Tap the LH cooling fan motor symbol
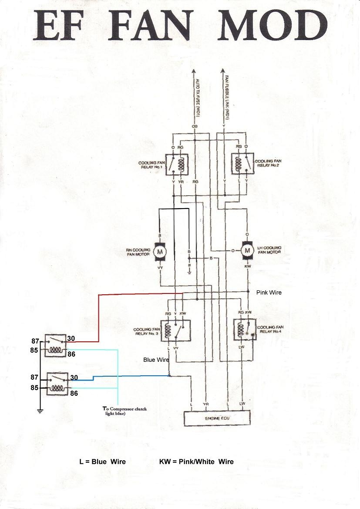[248, 250]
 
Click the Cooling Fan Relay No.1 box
[176, 165]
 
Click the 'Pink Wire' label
[269, 293]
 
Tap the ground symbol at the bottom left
[40, 411]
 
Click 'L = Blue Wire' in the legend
[102, 462]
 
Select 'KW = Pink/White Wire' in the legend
[196, 462]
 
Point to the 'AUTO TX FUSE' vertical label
[197, 101]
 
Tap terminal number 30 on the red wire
[71, 338]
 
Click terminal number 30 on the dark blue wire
[74, 378]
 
